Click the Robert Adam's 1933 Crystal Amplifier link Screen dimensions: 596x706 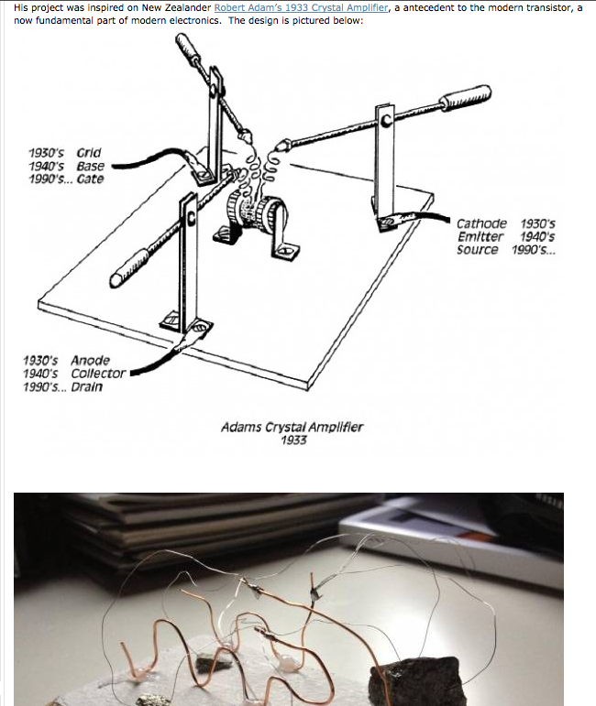click(301, 7)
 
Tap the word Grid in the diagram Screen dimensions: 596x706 click(89, 153)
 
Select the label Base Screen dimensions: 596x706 click(90, 166)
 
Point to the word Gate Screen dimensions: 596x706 click(90, 179)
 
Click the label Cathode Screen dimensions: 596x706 click(481, 223)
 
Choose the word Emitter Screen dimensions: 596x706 click(480, 237)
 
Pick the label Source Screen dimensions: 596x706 click(478, 250)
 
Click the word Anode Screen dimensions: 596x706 click(90, 361)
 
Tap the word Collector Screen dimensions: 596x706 click(98, 374)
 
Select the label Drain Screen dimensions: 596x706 click(86, 386)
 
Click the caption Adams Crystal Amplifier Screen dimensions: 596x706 click(292, 427)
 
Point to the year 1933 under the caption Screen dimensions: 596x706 click(293, 440)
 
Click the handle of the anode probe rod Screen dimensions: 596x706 click(130, 268)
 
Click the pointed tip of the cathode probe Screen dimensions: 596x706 click(279, 147)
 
